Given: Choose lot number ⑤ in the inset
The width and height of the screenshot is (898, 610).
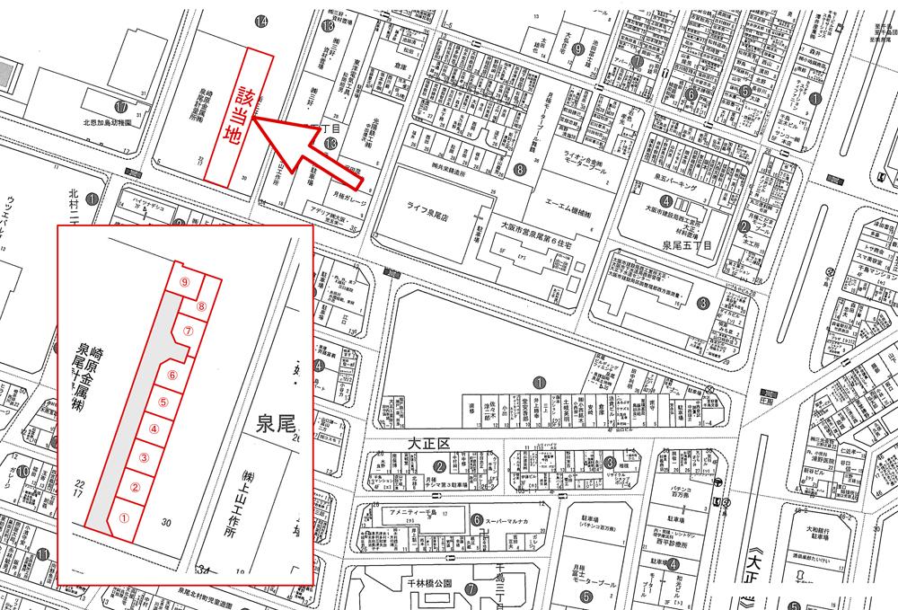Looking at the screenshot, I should (163, 402).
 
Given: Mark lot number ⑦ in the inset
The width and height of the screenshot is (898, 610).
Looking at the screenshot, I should (188, 330).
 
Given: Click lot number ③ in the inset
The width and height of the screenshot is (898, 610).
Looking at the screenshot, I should (144, 459).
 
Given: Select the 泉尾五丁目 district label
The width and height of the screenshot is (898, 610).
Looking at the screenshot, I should (686, 243).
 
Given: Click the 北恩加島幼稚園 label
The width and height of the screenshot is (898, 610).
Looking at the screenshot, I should (107, 120).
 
